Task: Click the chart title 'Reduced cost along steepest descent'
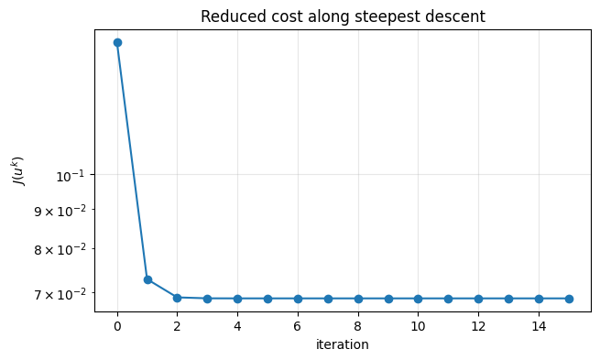[342, 16]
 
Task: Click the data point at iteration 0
[117, 42]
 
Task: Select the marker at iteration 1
[147, 279]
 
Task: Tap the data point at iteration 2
[177, 298]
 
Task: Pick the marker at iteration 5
[267, 299]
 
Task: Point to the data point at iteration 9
[388, 299]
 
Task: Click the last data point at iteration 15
[569, 299]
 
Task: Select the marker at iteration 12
[478, 299]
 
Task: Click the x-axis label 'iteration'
[342, 345]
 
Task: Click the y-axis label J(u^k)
[17, 170]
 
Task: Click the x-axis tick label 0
[117, 326]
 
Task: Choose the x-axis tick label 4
[237, 326]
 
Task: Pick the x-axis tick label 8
[358, 326]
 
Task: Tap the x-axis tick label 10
[418, 326]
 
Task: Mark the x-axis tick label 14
[539, 326]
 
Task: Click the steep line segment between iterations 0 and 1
[132, 160]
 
